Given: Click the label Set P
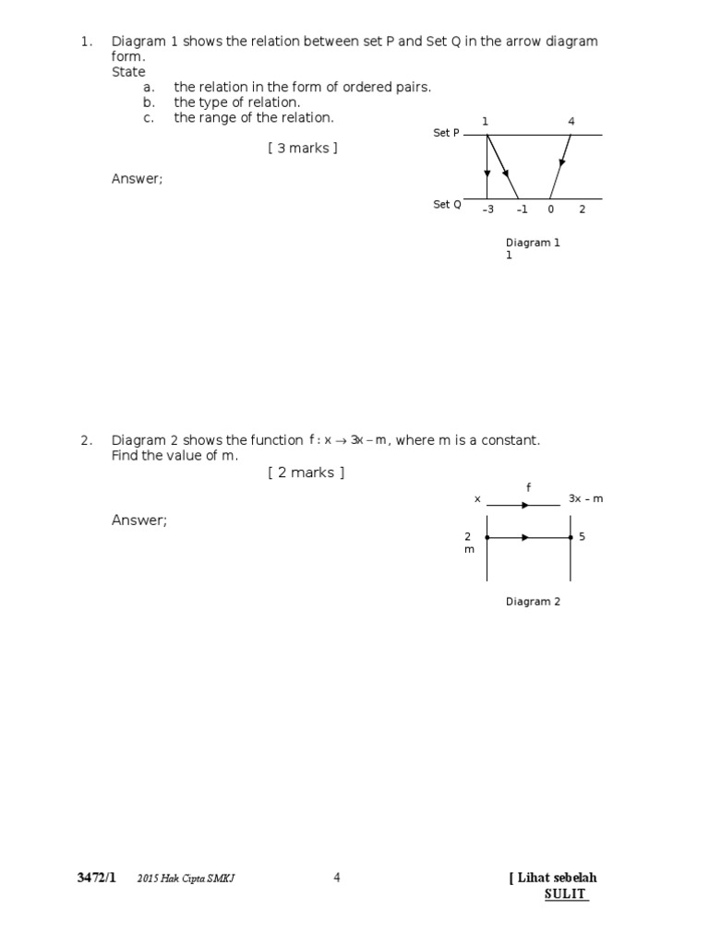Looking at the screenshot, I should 446,134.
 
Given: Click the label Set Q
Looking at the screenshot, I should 447,205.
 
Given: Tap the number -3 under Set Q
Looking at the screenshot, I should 488,209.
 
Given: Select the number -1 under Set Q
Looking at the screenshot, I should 522,209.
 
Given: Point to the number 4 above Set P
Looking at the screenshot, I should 571,122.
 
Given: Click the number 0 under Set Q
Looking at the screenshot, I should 550,209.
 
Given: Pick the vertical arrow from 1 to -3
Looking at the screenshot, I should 487,167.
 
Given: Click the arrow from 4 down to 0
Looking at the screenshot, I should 561,165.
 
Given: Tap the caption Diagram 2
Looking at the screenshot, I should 533,602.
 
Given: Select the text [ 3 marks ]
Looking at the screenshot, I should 303,149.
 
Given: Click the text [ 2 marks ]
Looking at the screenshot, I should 306,472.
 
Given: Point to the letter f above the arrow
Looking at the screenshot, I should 529,486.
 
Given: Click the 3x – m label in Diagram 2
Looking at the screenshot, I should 585,499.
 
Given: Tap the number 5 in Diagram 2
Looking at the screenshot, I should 583,536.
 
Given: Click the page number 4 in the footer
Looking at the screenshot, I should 337,878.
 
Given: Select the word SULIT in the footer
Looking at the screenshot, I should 565,894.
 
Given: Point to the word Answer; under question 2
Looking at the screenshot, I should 139,520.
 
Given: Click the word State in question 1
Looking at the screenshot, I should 128,72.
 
